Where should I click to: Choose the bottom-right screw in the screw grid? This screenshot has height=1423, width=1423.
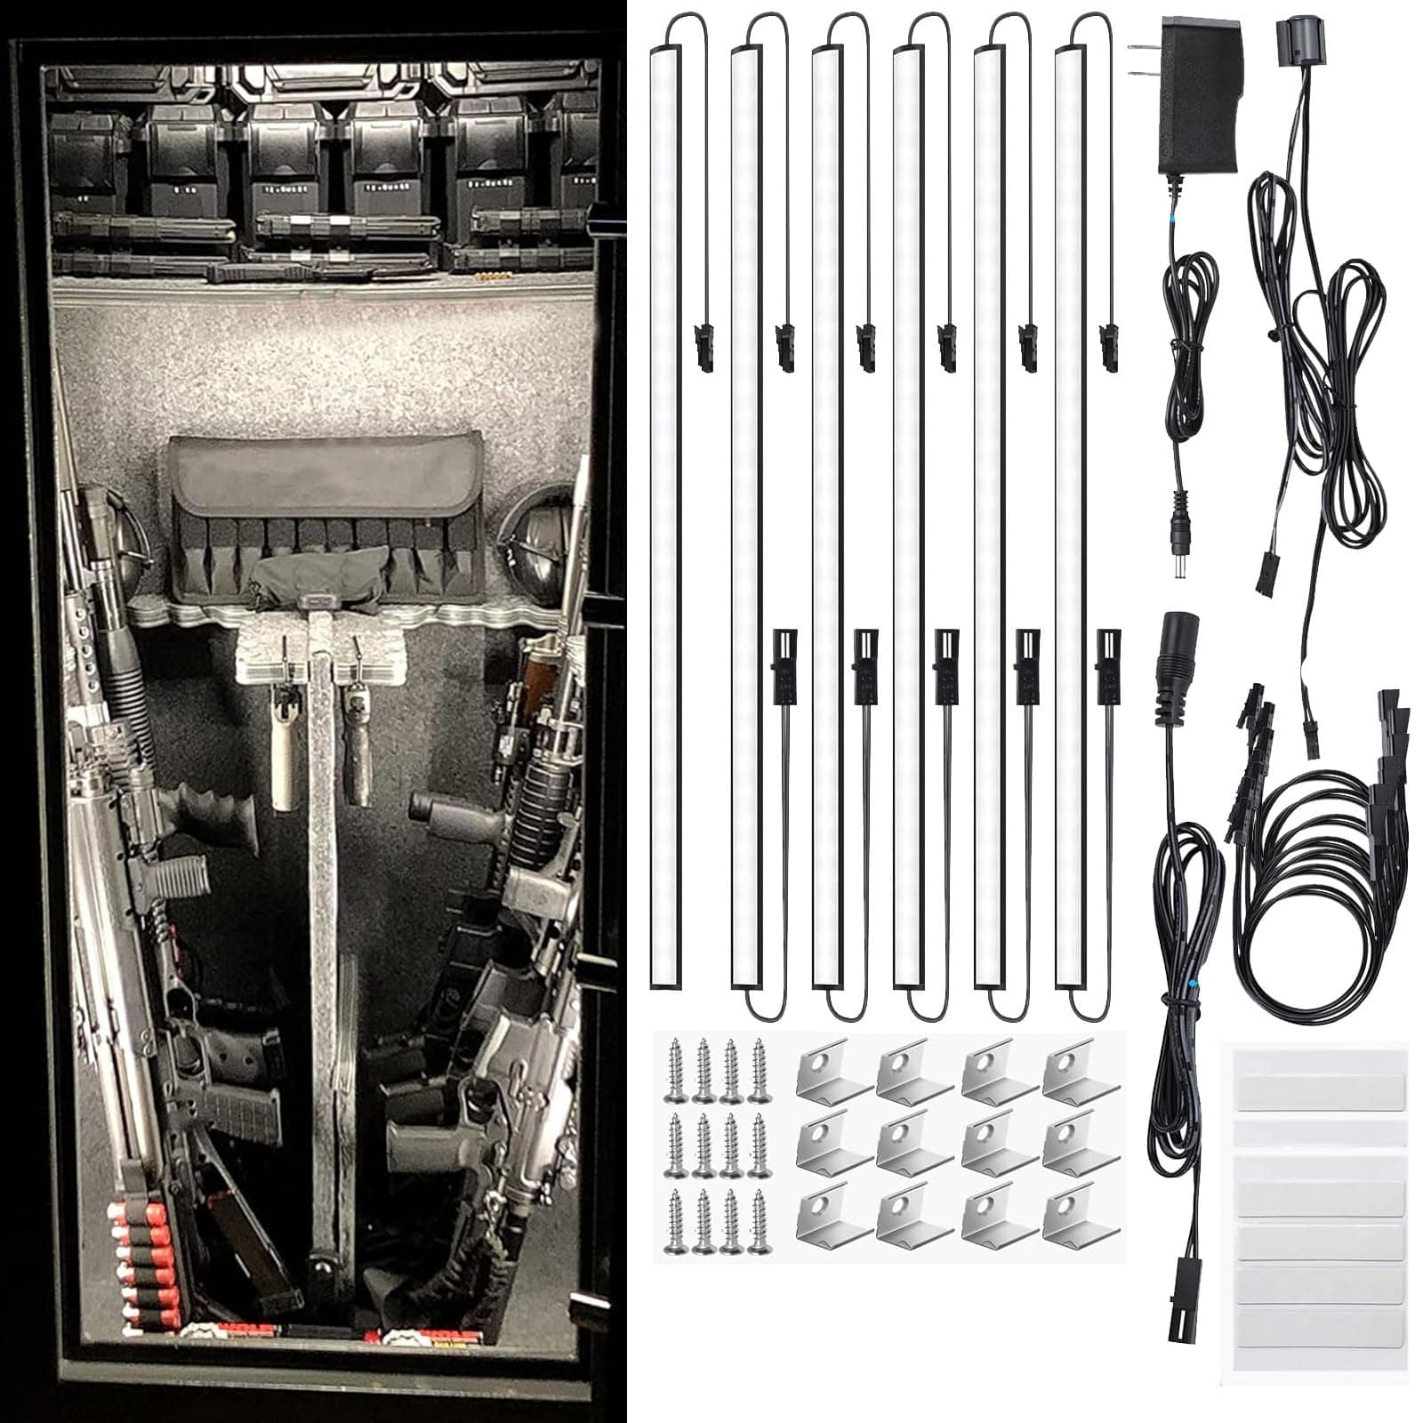[x=758, y=1223]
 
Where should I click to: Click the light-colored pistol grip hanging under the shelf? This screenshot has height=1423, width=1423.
[x=284, y=756]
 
